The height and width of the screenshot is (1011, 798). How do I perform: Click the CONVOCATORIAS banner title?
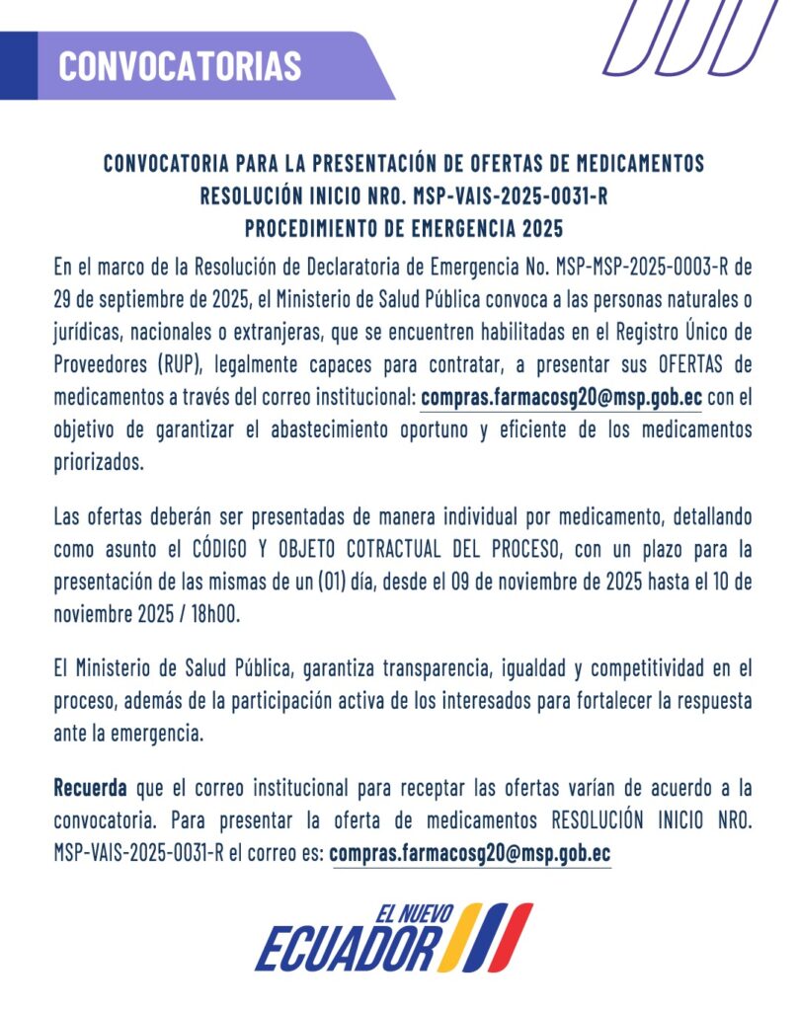[180, 65]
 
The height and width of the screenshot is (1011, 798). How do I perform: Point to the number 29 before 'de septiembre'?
[66, 299]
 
